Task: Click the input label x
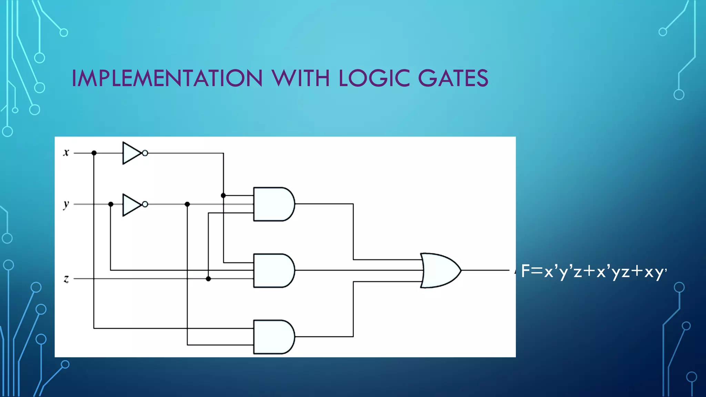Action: [66, 152]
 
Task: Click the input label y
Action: [66, 205]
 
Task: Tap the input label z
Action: [66, 278]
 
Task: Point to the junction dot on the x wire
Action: [94, 153]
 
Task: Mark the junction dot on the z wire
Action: [208, 278]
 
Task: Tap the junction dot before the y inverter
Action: [111, 204]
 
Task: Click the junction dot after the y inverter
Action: [187, 204]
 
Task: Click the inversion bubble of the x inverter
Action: [145, 153]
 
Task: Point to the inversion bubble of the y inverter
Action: [145, 204]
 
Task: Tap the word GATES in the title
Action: [453, 78]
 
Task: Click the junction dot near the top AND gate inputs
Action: [223, 195]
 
